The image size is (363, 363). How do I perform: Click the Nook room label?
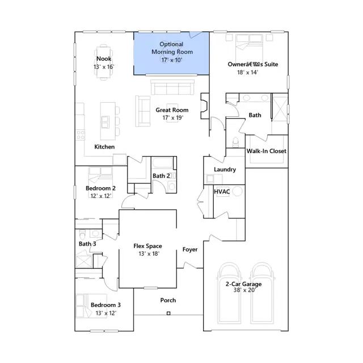[x=104, y=59]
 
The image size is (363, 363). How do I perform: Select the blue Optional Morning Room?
[x=171, y=52]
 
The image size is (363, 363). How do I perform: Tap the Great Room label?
[x=172, y=110]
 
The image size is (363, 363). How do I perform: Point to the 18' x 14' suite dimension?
[x=247, y=73]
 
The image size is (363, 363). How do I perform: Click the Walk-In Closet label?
[x=266, y=151]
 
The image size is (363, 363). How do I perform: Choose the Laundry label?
[x=225, y=170]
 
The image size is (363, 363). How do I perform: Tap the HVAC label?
[x=222, y=192]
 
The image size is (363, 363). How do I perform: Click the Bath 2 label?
[x=161, y=176]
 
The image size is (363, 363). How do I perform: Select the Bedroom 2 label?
[x=101, y=188]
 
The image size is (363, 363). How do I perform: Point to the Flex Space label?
[x=147, y=246]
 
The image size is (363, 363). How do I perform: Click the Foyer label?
[x=190, y=250]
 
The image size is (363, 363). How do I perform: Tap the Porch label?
[x=168, y=300]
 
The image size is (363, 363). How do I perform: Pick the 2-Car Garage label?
[x=243, y=284]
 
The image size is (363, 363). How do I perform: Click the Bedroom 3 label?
[x=105, y=305]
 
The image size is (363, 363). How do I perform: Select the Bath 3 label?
[x=87, y=244]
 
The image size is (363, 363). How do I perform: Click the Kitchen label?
[x=104, y=147]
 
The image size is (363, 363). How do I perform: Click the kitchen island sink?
[x=105, y=121]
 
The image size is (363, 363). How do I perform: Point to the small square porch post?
[x=168, y=313]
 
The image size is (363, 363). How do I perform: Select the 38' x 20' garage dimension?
[x=243, y=290]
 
